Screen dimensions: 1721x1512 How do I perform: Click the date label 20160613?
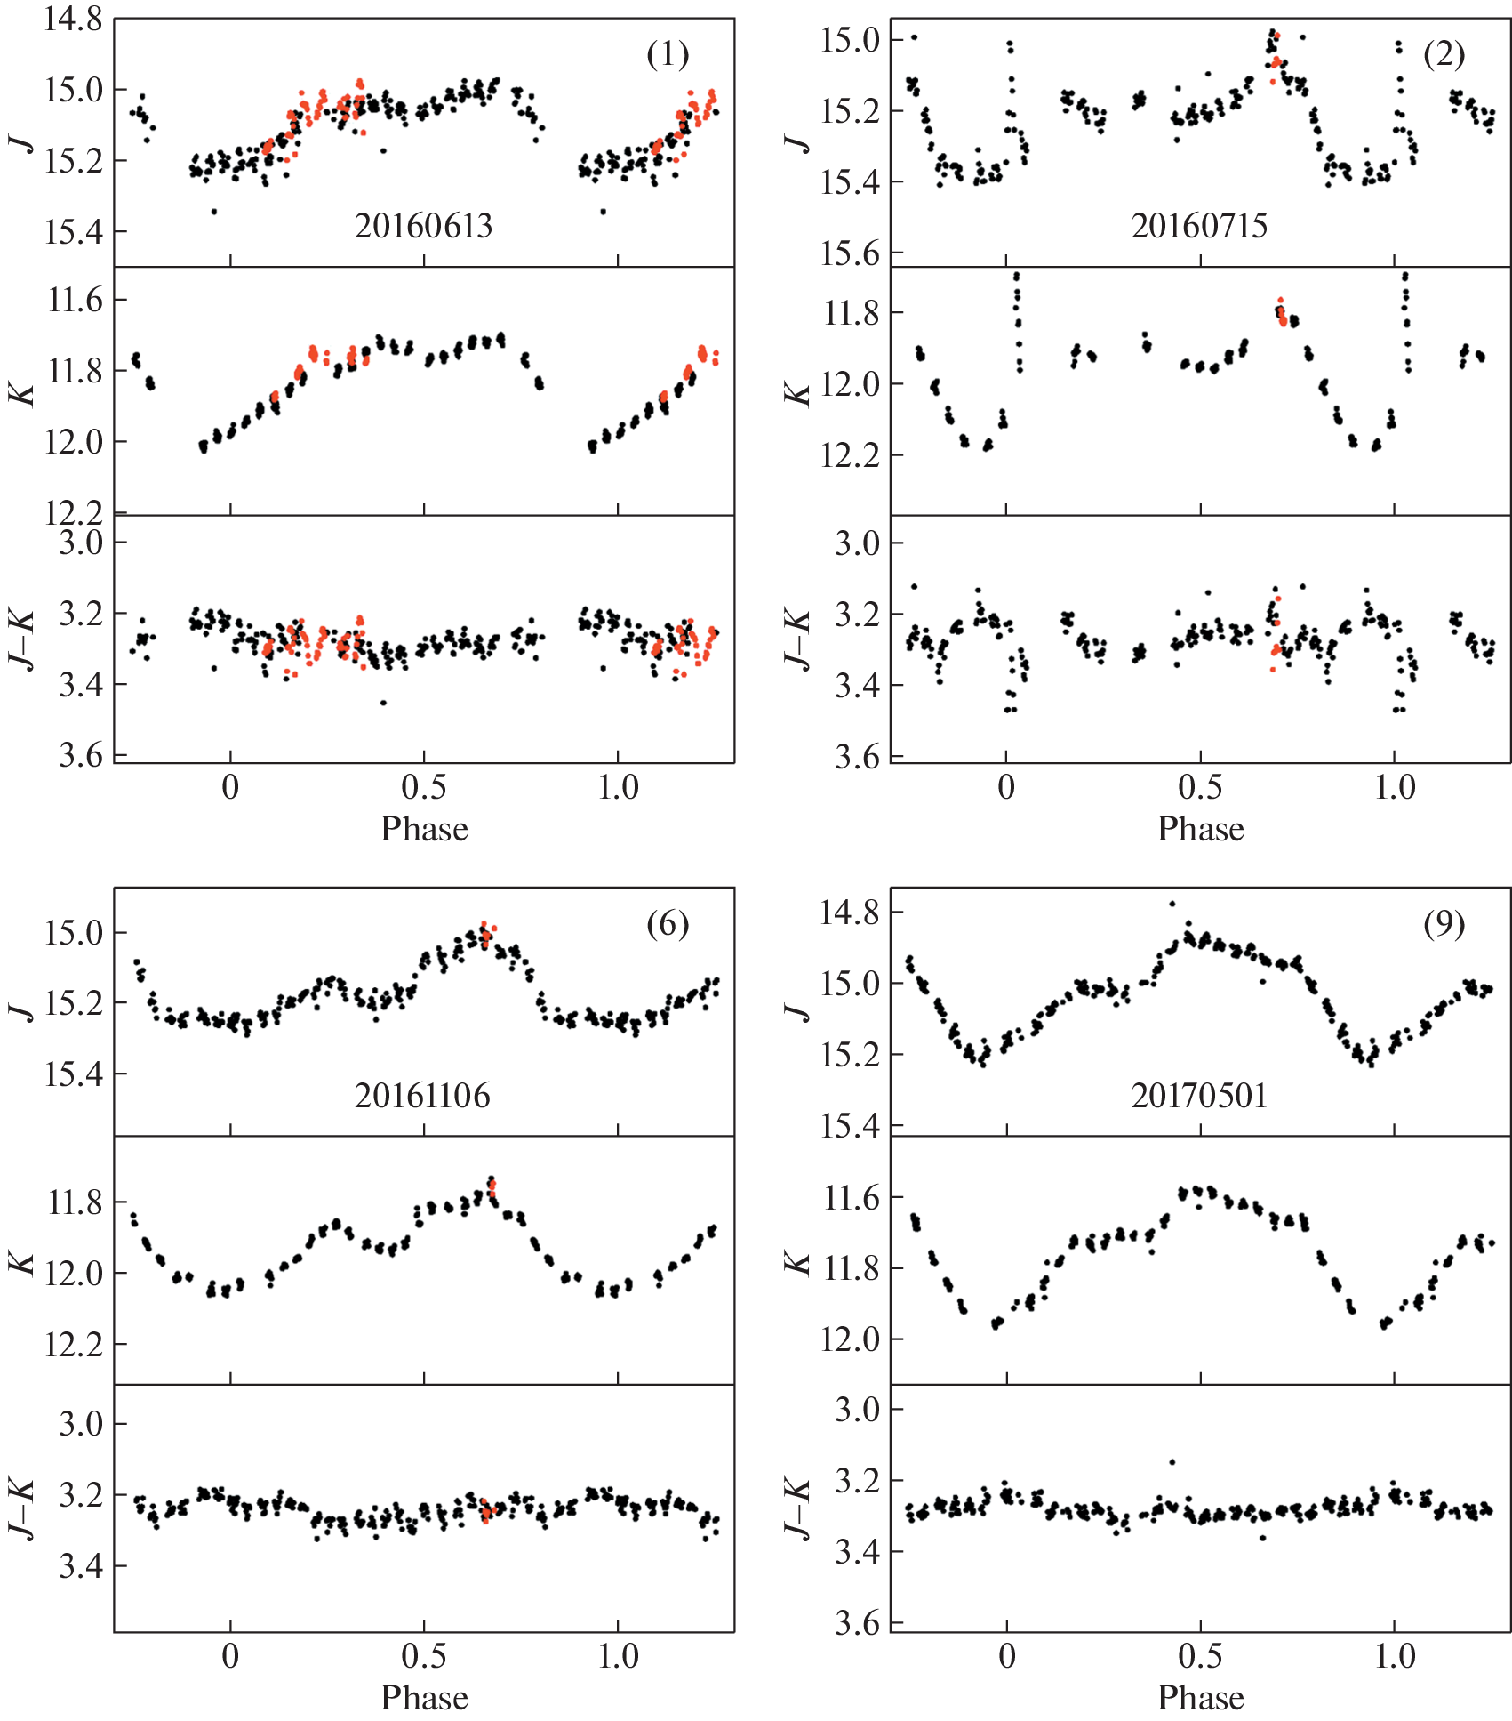pos(423,226)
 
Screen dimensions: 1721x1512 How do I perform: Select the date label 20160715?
pos(1199,226)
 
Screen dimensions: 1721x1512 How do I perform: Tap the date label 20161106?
pos(422,1095)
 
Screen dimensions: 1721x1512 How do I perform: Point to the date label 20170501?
pos(1199,1095)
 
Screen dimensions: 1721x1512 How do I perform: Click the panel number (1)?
pos(668,55)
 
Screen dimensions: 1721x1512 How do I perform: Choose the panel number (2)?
pos(1444,55)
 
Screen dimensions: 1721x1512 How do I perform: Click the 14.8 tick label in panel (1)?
pos(73,20)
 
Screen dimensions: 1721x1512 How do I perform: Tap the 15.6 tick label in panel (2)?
pos(849,254)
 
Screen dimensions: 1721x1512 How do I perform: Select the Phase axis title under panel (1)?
pos(424,829)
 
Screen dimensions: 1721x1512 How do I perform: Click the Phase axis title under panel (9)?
pos(1200,1698)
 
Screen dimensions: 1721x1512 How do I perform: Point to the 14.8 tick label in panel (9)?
pos(849,913)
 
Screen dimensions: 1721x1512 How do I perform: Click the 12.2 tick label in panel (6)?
pos(73,1344)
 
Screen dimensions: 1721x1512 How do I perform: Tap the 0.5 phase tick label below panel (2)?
pos(1200,788)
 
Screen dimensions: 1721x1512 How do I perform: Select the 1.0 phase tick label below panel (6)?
pos(618,1657)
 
